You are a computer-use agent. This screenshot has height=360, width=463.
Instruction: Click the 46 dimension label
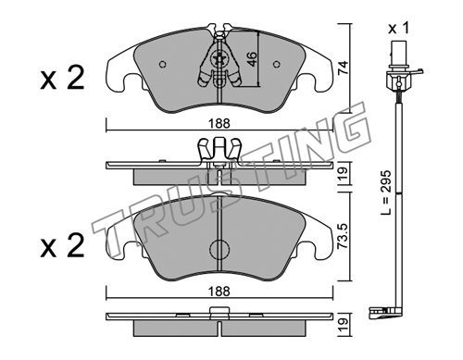tap(252, 59)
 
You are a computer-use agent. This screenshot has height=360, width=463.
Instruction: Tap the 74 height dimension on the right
tap(343, 68)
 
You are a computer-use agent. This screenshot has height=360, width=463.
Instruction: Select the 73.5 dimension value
tap(343, 236)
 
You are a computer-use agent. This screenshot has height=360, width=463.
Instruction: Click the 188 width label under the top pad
tap(219, 124)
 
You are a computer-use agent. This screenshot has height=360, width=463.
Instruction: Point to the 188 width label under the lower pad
tap(219, 292)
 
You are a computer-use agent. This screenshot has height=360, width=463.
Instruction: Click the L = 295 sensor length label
tap(386, 192)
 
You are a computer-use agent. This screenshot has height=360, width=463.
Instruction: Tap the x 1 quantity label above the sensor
tap(398, 29)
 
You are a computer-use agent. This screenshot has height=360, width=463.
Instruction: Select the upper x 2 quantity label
tap(62, 79)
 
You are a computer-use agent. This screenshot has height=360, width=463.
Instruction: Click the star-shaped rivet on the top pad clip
tap(219, 58)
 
